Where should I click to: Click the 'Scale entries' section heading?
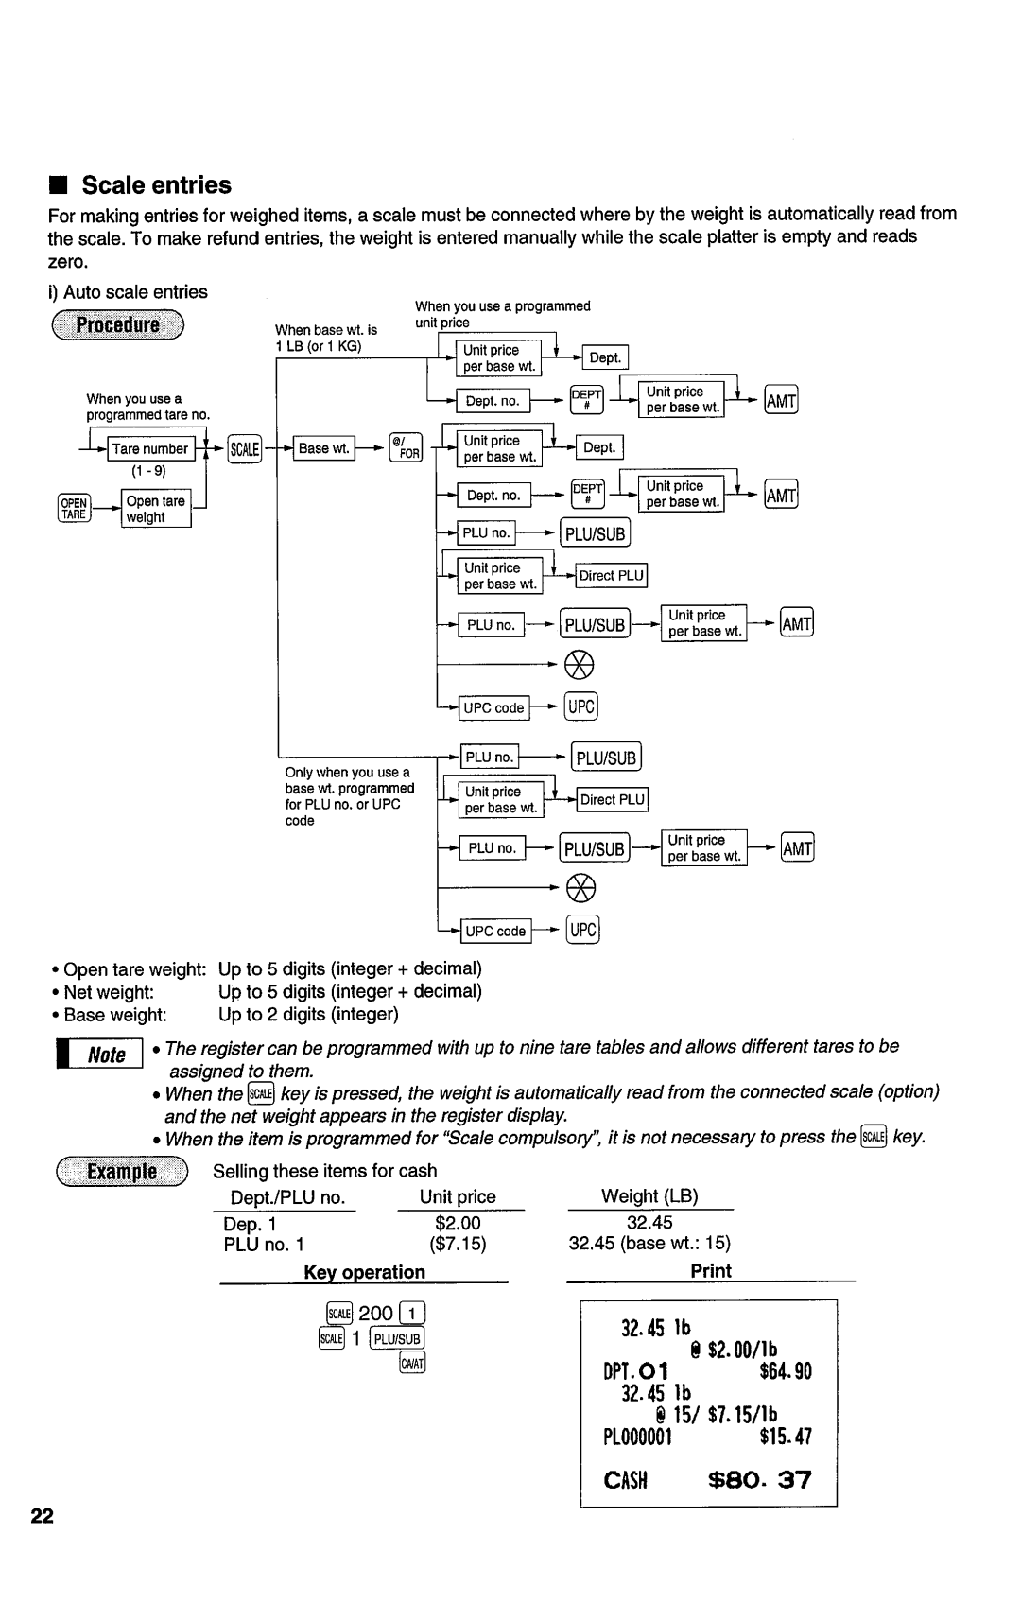tap(156, 185)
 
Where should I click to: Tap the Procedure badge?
tap(118, 326)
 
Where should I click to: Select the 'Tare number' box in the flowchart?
tap(150, 448)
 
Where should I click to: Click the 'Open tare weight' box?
tap(156, 509)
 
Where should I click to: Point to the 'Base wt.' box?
tap(324, 448)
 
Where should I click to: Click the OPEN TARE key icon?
tap(74, 509)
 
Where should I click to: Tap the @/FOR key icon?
tap(406, 448)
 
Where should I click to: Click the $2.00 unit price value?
tap(459, 1224)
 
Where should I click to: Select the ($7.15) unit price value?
tap(459, 1244)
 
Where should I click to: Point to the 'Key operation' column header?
tap(364, 1272)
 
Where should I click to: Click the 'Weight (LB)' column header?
tap(649, 1196)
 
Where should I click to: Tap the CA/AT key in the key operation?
tap(412, 1363)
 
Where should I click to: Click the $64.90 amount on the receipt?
tap(784, 1371)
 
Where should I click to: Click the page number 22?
tap(42, 1517)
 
